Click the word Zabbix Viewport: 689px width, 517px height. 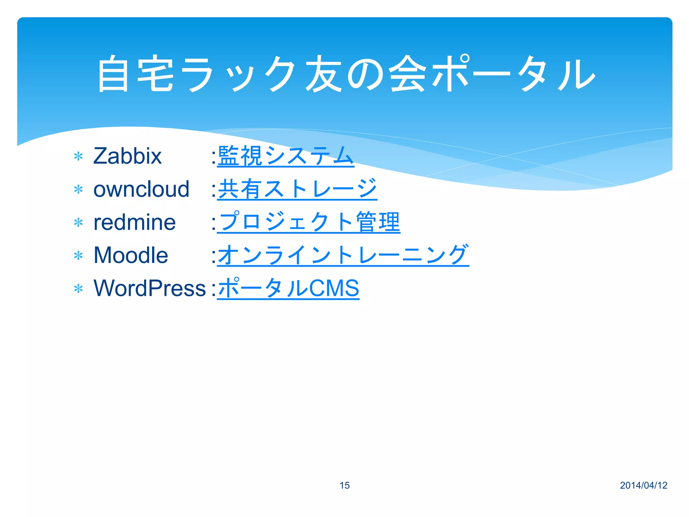(128, 156)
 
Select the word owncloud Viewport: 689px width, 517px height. (141, 189)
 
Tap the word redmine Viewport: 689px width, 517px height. (135, 222)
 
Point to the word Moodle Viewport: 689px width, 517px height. (131, 255)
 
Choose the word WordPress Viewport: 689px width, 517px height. (149, 288)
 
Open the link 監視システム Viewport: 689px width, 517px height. (286, 156)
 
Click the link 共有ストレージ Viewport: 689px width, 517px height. (297, 189)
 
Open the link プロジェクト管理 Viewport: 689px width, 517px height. (309, 222)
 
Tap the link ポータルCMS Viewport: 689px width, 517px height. (288, 288)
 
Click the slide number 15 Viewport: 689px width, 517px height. (344, 485)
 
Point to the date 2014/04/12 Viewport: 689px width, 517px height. (643, 485)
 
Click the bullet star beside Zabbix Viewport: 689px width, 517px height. (78, 157)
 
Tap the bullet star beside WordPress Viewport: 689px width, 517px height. (78, 289)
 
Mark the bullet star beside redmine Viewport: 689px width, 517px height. (78, 222)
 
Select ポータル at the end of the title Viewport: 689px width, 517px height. (514, 74)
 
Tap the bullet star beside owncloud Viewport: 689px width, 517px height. (78, 189)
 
